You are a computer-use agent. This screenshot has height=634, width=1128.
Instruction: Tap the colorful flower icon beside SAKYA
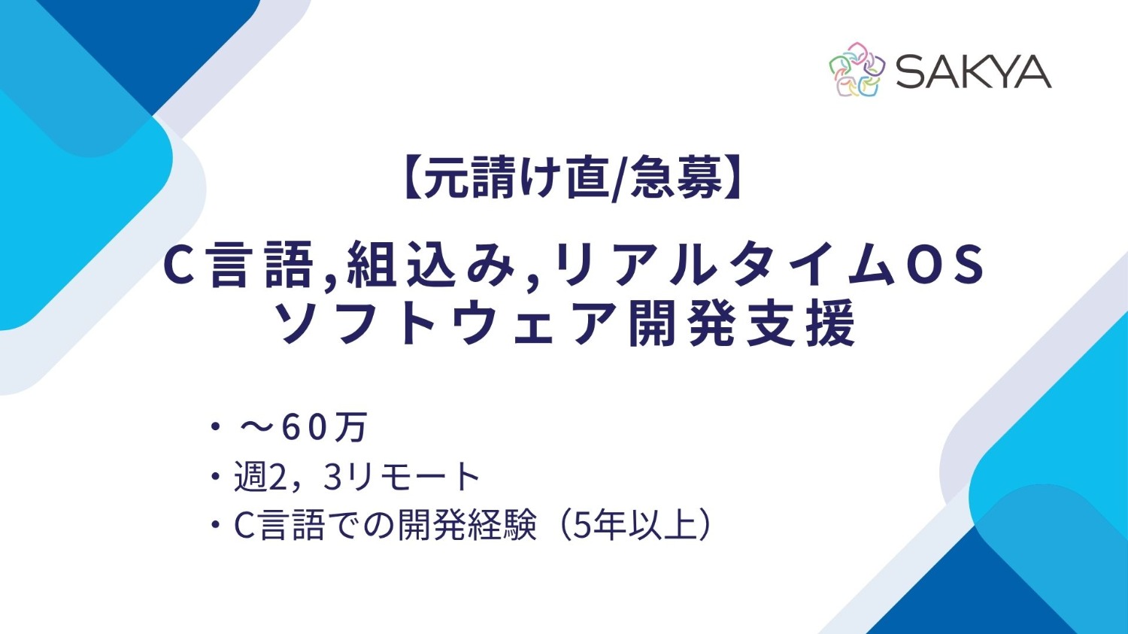click(x=857, y=70)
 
